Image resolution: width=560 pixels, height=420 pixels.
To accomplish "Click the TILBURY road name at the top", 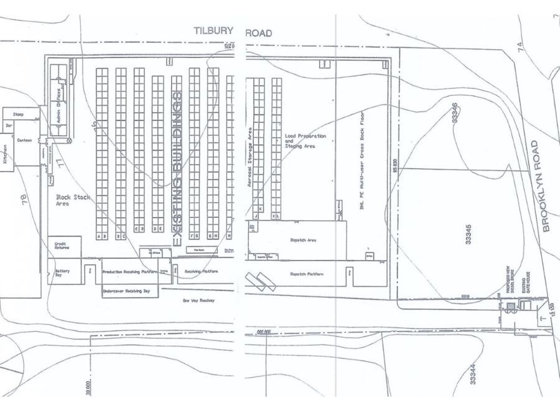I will (213, 31).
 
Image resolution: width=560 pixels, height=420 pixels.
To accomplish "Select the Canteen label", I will (24, 141).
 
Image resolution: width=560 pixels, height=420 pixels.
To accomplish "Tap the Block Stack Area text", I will (73, 200).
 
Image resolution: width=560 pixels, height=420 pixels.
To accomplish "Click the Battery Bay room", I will (62, 273).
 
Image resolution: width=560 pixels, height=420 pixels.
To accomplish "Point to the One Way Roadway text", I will (198, 301).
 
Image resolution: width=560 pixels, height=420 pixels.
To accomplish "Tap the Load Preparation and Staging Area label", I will (301, 140).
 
